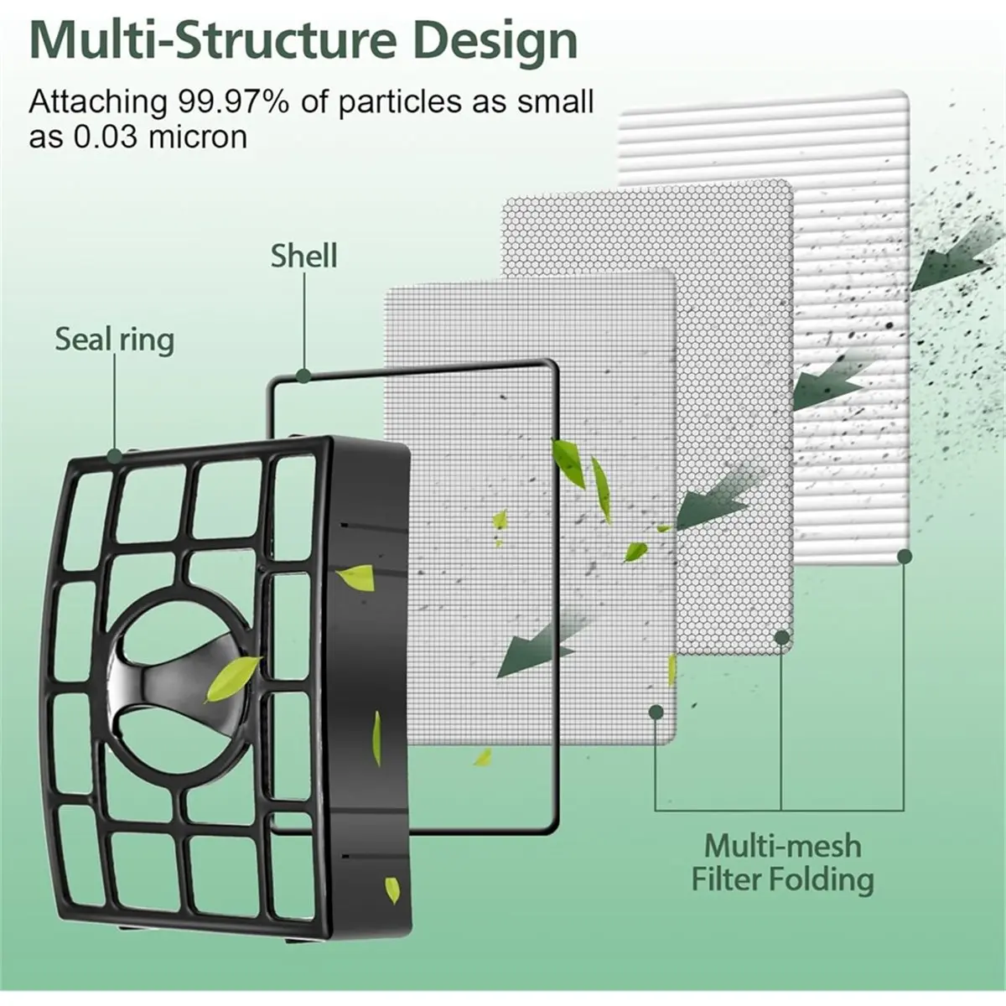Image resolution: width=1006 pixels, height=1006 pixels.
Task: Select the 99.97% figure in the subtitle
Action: coord(233,101)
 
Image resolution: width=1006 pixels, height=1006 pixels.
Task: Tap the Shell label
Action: coord(303,256)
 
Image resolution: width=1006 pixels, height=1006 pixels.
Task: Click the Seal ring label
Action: coord(115,340)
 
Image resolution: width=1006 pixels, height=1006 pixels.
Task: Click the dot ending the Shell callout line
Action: coord(303,376)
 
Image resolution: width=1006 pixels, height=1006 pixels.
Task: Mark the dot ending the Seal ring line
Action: coord(115,457)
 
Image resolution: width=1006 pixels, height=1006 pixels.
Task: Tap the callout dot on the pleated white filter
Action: coord(905,557)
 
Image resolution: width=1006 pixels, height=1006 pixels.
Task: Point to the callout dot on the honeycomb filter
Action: coord(781,637)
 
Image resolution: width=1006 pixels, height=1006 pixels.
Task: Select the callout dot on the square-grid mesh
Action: coord(656,711)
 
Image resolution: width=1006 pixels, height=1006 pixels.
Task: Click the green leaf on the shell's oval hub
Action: coord(232,679)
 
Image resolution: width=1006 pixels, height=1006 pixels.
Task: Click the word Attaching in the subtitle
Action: coord(97,103)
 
